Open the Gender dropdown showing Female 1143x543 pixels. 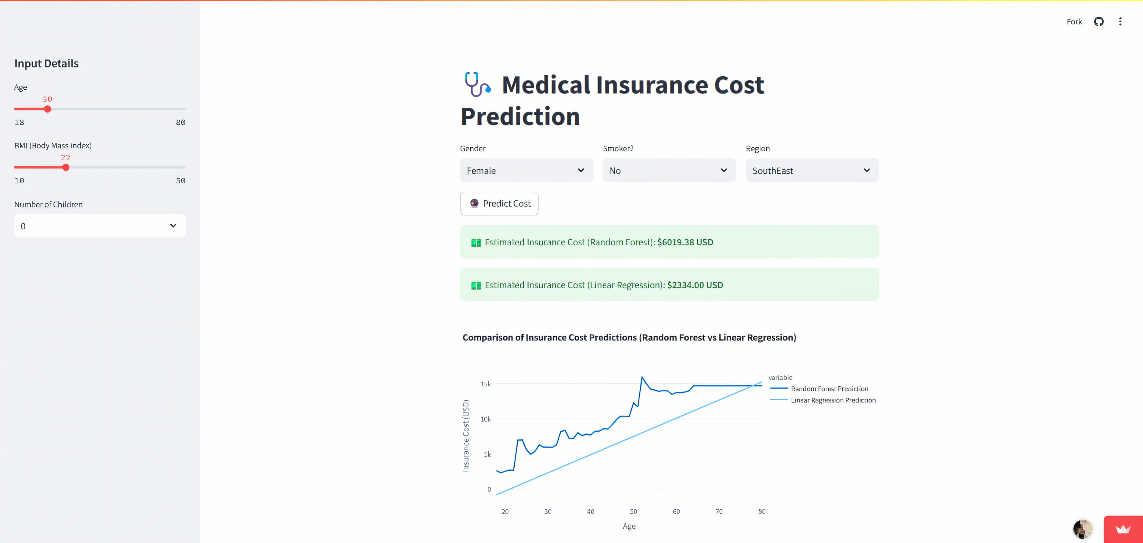(x=526, y=170)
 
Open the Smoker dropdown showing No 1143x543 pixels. (x=669, y=170)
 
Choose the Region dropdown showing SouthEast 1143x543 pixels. (x=812, y=170)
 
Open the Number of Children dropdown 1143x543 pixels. (x=100, y=226)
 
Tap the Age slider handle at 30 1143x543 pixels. (x=48, y=109)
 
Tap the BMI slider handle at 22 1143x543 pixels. (x=66, y=168)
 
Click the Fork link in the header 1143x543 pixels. (x=1074, y=22)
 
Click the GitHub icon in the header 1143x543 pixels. (x=1099, y=22)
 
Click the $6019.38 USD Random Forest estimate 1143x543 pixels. (x=685, y=242)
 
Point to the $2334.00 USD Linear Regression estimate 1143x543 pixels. (x=695, y=285)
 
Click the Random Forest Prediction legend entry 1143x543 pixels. (x=829, y=388)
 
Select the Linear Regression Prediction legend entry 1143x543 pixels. (x=833, y=400)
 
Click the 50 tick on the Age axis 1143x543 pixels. (x=633, y=511)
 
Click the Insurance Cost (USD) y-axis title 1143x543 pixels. (x=466, y=436)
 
